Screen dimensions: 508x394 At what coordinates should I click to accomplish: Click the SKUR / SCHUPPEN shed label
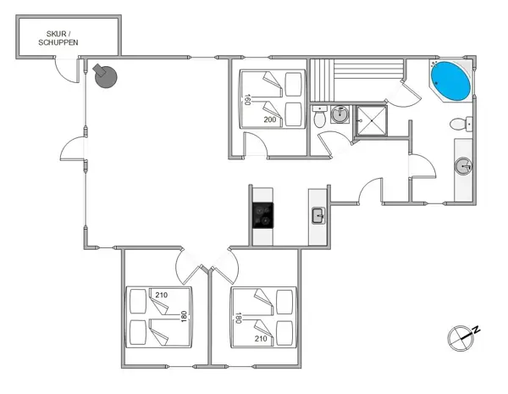coord(58,38)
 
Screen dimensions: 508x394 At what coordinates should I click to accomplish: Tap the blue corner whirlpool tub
coord(450,80)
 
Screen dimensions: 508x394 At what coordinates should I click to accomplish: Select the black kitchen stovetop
coord(262,215)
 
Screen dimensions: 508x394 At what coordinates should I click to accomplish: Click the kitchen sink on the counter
coord(318,216)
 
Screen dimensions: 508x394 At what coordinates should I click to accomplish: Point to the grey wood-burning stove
coord(105,76)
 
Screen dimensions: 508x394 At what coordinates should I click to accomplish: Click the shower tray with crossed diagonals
coord(372,120)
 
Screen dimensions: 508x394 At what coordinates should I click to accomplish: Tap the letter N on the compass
coord(476,330)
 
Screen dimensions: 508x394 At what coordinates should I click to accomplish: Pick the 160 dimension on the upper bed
coord(247,99)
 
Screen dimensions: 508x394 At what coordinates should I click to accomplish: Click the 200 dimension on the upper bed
coord(270,119)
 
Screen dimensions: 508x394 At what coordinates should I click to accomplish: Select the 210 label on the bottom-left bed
coord(162,295)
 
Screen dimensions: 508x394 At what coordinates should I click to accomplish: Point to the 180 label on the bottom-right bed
coord(239,318)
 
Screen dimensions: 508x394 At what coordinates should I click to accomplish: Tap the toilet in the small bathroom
coord(320,118)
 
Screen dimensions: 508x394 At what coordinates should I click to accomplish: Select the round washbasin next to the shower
coord(340,114)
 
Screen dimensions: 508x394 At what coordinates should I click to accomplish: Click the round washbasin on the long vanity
coord(463,166)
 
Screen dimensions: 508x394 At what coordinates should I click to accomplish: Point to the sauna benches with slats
coord(356,80)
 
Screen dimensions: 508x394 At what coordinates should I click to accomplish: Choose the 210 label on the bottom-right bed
coord(261,339)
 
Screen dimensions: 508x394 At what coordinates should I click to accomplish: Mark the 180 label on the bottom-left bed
coord(184,317)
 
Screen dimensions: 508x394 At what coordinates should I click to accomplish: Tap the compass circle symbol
coord(461,338)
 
